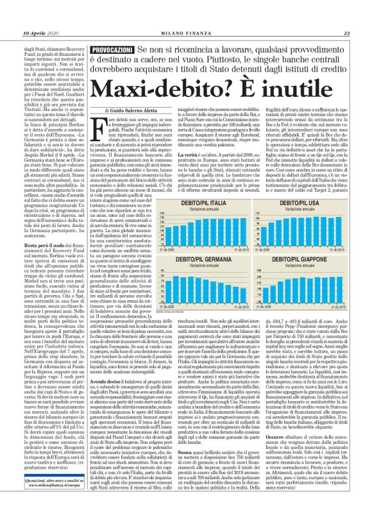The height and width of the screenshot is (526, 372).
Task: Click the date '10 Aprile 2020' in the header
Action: point(39,33)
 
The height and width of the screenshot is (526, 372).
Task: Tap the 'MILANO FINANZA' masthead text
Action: point(186,33)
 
